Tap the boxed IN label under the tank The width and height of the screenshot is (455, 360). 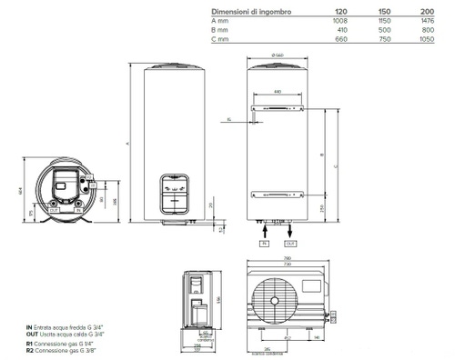tap(265, 244)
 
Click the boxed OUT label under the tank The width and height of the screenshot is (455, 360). tap(290, 244)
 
